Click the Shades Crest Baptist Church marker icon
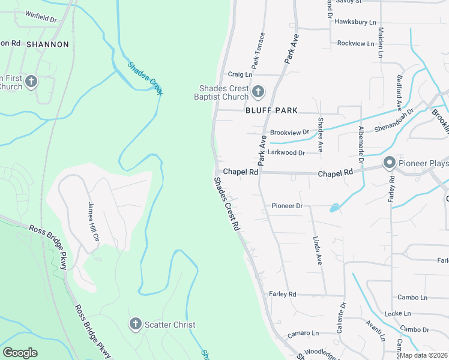pos(258,92)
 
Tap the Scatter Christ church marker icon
pos(135,325)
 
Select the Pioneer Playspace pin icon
pos(389,163)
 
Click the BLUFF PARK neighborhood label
pos(272,111)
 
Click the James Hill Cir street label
pos(93,221)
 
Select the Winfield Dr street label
pos(41,19)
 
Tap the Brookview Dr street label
pos(289,132)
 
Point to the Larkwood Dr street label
pos(286,153)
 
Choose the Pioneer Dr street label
pos(289,206)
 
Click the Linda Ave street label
pos(318,250)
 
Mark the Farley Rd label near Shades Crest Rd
pos(283,294)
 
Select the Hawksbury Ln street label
pos(356,22)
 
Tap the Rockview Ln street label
pos(356,43)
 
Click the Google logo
pos(20,353)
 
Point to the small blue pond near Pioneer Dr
pos(334,208)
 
